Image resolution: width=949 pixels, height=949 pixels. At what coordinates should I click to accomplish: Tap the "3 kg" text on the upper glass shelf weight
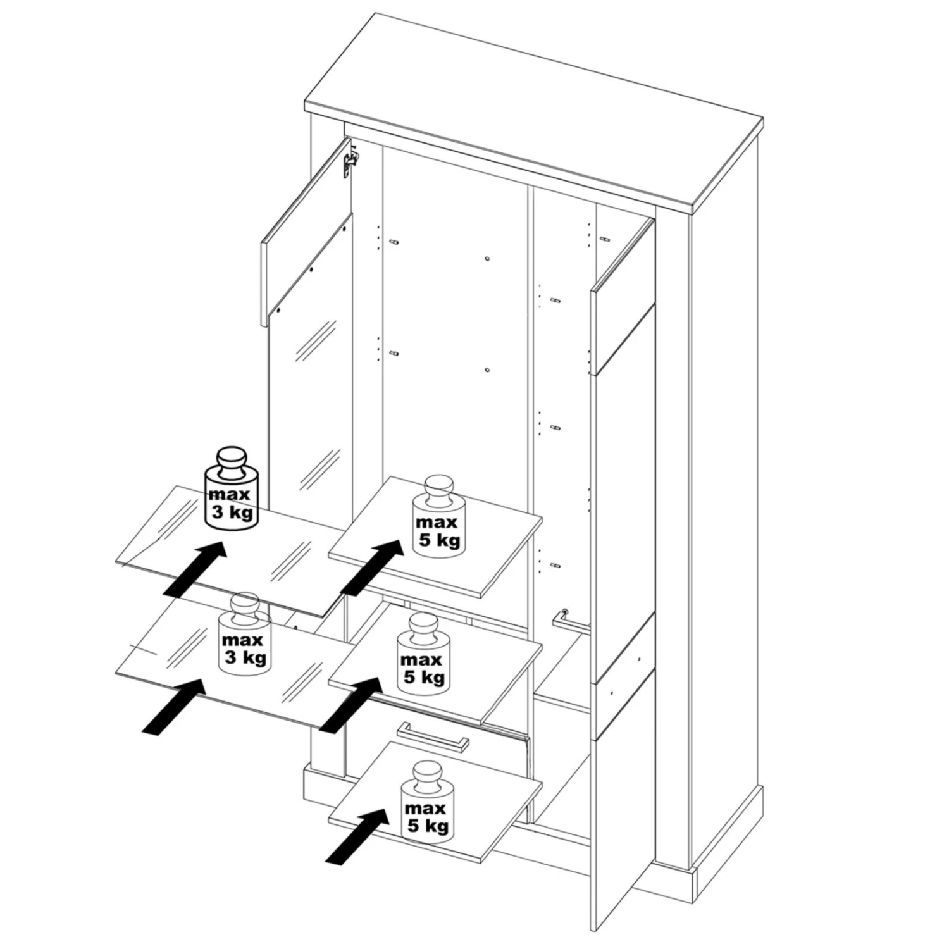pyautogui.click(x=232, y=511)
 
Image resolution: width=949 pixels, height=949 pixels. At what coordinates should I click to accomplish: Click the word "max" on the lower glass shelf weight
pyautogui.click(x=242, y=640)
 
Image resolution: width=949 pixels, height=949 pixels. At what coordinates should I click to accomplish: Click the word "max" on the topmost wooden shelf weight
pyautogui.click(x=437, y=523)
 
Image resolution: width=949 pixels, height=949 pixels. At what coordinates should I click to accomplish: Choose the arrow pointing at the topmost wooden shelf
pyautogui.click(x=372, y=567)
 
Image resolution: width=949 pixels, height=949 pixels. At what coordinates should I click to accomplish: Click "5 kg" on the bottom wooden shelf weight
pyautogui.click(x=428, y=826)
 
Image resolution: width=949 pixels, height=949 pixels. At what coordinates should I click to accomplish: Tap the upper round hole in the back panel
pyautogui.click(x=487, y=259)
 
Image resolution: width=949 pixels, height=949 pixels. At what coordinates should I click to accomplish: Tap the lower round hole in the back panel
pyautogui.click(x=487, y=369)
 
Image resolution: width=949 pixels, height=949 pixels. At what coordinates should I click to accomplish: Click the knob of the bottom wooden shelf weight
pyautogui.click(x=427, y=775)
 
